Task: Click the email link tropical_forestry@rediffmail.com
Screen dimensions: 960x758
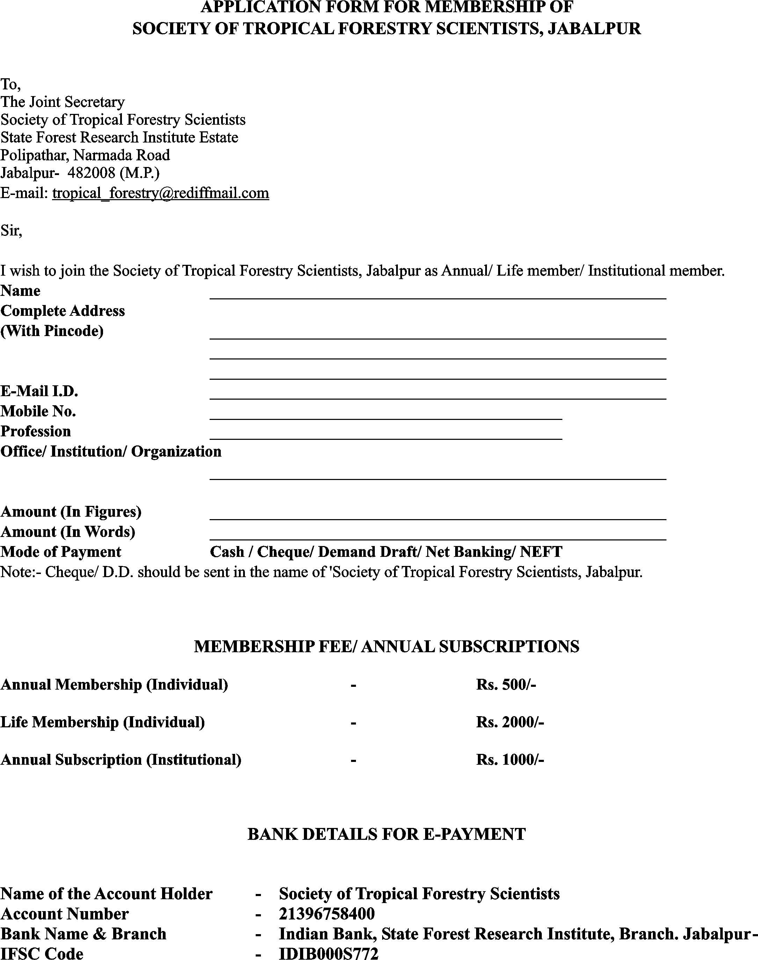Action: [161, 193]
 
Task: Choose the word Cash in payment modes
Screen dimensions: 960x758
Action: [226, 552]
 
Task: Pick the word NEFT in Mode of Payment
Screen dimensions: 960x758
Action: [540, 552]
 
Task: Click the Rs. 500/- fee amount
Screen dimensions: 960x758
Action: [506, 684]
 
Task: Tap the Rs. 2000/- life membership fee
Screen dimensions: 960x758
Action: [510, 722]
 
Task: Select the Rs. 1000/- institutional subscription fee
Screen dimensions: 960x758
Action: [510, 760]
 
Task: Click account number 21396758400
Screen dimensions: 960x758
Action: [327, 914]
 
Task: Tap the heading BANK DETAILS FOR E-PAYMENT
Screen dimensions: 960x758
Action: [386, 834]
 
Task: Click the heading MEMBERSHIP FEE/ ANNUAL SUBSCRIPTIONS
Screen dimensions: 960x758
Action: [386, 647]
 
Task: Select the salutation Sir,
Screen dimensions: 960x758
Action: [11, 231]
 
